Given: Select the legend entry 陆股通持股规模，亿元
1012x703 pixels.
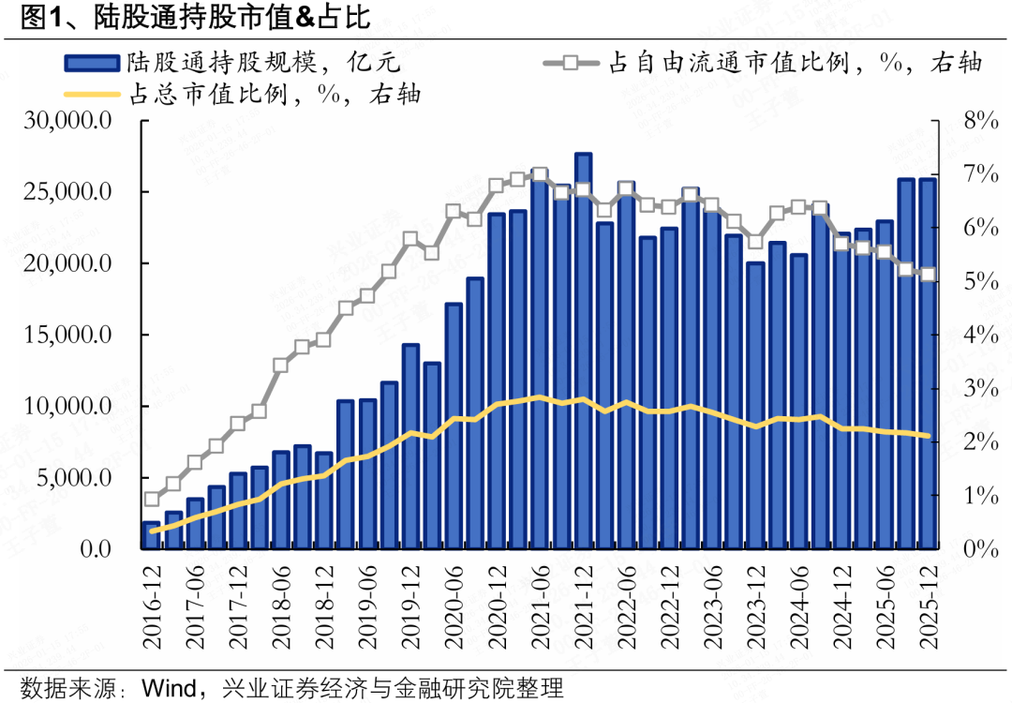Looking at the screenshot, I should click(x=234, y=64).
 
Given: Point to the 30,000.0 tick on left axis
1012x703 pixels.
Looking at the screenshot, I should click(x=70, y=121).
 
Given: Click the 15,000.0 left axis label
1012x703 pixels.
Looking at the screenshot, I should click(x=70, y=335).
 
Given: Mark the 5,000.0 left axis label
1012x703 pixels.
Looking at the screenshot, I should click(x=75, y=478).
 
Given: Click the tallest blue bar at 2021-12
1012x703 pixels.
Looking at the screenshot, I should click(x=583, y=356).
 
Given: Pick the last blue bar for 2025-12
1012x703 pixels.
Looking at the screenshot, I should click(x=929, y=366).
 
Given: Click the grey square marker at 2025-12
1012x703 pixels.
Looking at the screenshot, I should click(x=929, y=275).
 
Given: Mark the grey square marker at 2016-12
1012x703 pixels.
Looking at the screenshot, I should click(x=152, y=500).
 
